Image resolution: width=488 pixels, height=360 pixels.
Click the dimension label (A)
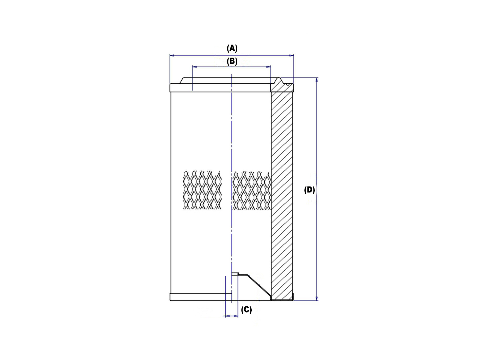point(232,48)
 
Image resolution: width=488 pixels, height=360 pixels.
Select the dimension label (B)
point(232,61)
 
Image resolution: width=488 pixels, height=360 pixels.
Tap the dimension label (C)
point(246,310)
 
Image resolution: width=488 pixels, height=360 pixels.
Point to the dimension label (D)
point(309,190)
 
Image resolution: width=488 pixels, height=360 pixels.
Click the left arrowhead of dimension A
point(172,55)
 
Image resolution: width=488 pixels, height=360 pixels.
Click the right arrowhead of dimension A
point(292,55)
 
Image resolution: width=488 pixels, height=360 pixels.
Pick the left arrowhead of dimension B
point(194,67)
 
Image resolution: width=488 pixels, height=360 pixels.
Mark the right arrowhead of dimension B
point(269,67)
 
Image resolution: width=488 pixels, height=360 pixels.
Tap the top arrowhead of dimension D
point(317,80)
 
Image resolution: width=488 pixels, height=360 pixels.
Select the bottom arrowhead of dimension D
point(317,298)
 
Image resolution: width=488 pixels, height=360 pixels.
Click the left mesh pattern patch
point(202,190)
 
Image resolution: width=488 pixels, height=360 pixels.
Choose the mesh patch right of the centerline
point(251,190)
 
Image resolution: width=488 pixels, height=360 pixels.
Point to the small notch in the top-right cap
point(287,84)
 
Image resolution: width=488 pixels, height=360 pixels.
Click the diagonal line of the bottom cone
point(260,286)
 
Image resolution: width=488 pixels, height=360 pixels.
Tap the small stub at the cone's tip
point(235,274)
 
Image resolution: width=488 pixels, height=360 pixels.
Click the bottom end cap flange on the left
point(201,297)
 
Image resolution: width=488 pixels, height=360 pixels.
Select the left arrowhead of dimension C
point(227,316)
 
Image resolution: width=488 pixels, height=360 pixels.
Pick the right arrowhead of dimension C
point(236,316)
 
